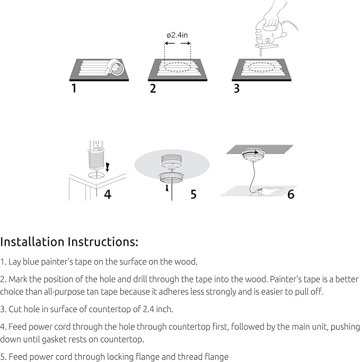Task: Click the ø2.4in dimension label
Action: click(177, 35)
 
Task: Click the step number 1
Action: click(74, 88)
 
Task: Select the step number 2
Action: click(153, 89)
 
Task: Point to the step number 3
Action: click(236, 89)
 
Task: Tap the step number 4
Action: click(108, 194)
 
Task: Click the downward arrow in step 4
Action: click(108, 167)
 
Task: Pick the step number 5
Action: click(194, 194)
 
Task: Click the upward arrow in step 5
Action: click(167, 188)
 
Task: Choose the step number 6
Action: click(291, 194)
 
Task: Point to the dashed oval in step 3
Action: click(261, 67)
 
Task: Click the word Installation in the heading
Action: click(32, 242)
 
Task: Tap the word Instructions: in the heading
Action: click(103, 242)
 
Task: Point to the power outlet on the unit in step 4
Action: click(98, 144)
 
